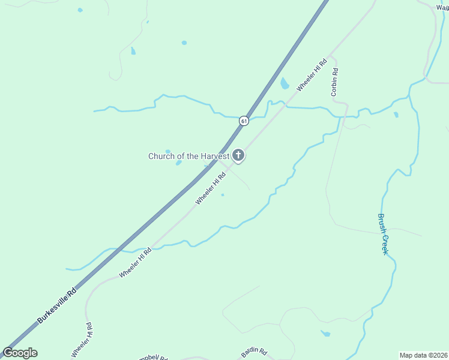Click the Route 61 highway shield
(243, 121)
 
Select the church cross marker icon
(238, 156)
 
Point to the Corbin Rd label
(334, 82)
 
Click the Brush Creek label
(384, 234)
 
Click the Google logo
(20, 353)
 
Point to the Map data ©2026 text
(423, 355)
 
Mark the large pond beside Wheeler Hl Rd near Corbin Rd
(285, 83)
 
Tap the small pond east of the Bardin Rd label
(325, 333)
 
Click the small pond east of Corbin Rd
(396, 115)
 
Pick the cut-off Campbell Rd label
(152, 357)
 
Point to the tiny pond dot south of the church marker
(223, 194)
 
